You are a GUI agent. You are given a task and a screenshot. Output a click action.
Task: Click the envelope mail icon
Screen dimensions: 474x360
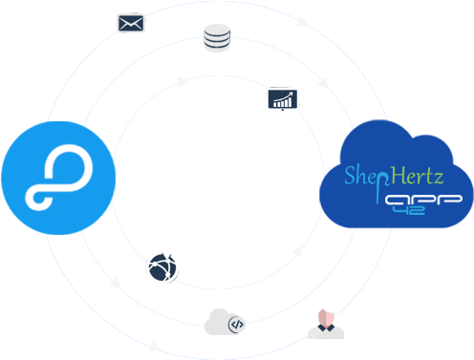pos(130,22)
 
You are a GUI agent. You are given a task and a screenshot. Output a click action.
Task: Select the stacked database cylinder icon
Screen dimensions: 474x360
pos(217,38)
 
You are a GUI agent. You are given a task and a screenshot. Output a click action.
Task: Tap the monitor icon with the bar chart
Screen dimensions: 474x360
pos(282,99)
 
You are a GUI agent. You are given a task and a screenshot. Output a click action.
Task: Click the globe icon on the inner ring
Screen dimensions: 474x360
pos(162,268)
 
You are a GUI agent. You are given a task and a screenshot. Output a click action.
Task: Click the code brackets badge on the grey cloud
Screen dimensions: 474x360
pos(237,325)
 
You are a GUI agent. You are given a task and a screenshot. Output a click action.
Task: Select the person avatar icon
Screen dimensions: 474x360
pos(325,321)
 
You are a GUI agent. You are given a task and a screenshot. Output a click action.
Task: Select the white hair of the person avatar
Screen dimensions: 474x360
pos(326,311)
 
